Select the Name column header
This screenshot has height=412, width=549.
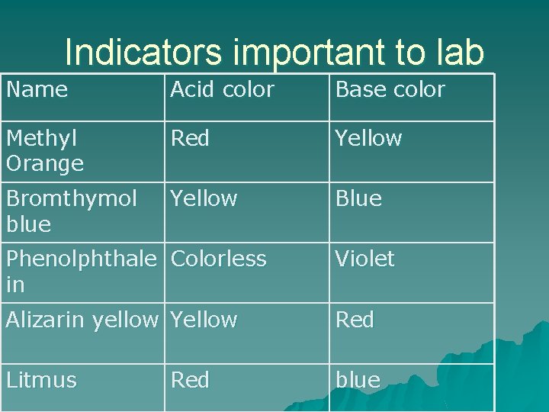(x=37, y=90)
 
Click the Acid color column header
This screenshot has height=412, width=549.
(x=222, y=90)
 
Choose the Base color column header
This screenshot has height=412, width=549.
(x=390, y=90)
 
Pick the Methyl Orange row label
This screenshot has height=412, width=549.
(x=44, y=151)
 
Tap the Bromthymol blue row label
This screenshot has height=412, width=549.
(x=70, y=211)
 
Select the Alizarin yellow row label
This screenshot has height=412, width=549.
(x=82, y=320)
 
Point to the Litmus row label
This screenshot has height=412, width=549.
(x=41, y=380)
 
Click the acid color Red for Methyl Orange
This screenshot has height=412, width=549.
(x=190, y=139)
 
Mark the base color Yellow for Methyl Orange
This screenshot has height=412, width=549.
(x=368, y=139)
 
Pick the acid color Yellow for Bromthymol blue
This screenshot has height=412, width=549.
(x=204, y=199)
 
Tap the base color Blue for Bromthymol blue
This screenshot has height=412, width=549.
(x=358, y=199)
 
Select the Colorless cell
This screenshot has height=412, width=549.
(x=219, y=259)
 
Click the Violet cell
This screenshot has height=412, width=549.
(x=364, y=259)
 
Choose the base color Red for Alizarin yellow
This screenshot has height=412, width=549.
(x=355, y=320)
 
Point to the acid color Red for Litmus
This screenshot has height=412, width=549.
(x=190, y=380)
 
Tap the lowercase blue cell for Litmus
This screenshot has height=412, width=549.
(x=358, y=380)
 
